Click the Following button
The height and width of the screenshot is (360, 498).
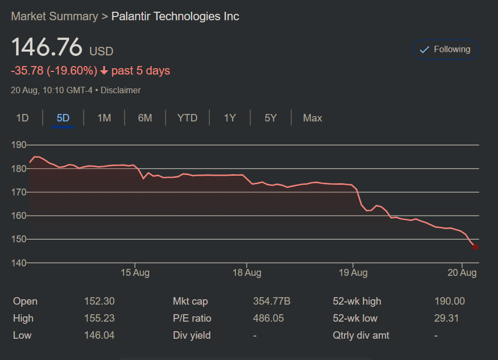[445, 50]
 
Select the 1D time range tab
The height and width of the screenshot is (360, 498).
[22, 118]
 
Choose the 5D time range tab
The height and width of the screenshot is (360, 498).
[63, 118]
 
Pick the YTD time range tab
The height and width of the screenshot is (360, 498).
[187, 118]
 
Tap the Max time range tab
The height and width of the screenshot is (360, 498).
[312, 118]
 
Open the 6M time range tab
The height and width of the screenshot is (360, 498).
[145, 118]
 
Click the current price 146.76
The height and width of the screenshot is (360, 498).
[47, 48]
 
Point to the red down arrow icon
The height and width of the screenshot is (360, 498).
[104, 71]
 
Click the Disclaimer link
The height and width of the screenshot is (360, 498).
[121, 91]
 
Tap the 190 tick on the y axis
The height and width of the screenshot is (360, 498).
[19, 145]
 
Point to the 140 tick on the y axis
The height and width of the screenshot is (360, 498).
[19, 263]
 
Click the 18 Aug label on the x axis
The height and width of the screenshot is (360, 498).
[247, 273]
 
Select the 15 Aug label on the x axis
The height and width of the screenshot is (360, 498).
[135, 273]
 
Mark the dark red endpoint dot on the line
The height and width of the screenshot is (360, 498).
[475, 247]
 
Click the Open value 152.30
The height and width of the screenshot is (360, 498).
[99, 301]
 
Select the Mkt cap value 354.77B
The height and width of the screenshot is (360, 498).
[272, 301]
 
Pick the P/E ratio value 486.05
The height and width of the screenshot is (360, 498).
[268, 318]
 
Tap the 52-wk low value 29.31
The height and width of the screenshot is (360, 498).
[446, 318]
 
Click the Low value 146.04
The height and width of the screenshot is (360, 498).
[99, 336]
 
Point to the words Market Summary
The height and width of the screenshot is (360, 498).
[54, 17]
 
